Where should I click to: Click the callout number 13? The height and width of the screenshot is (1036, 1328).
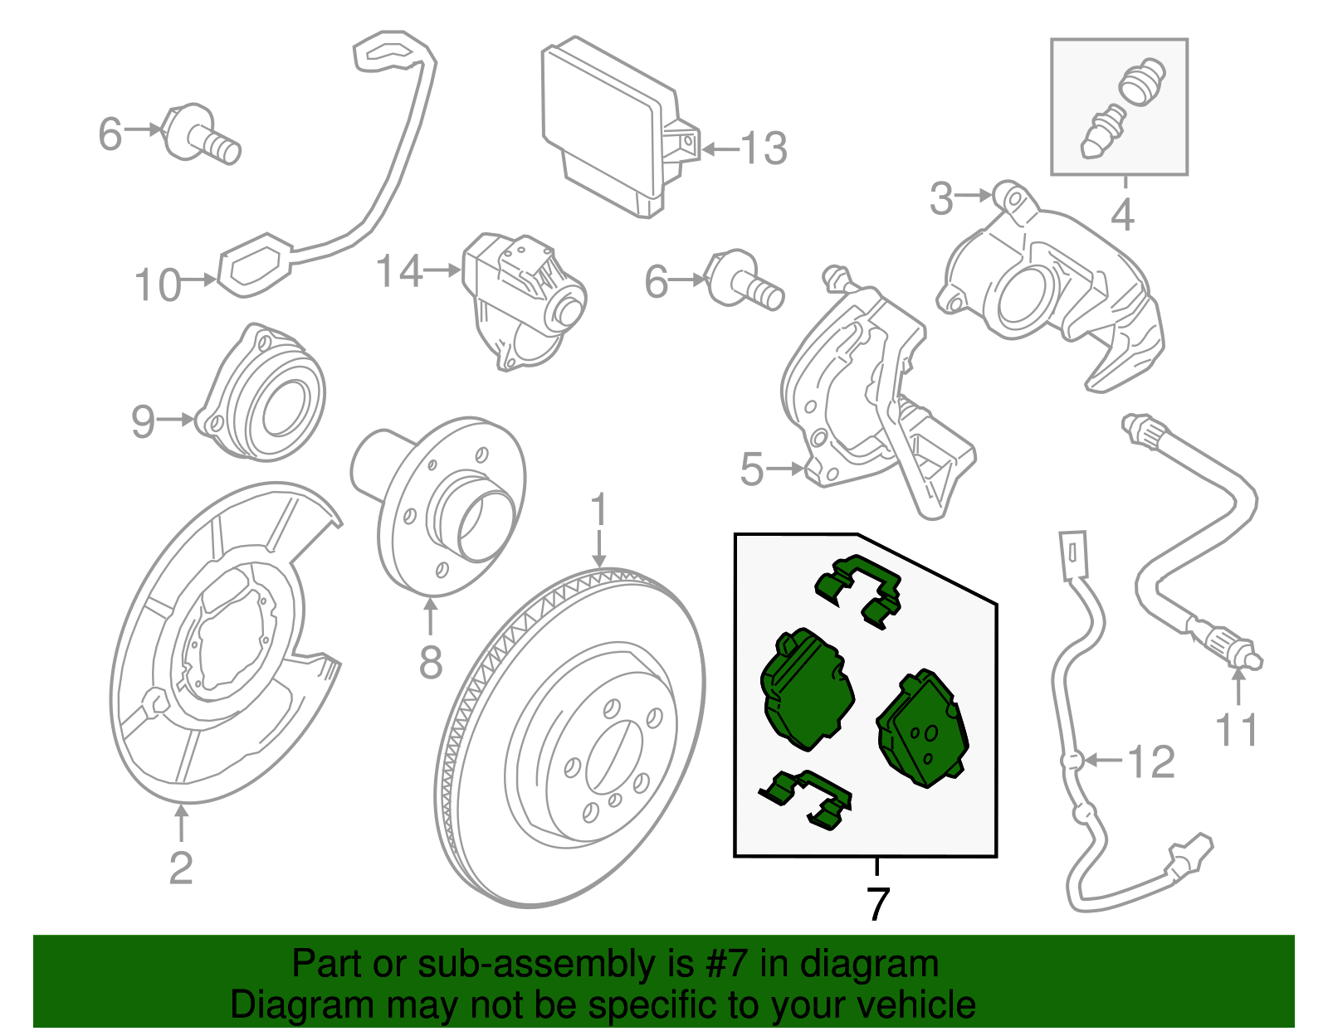763,149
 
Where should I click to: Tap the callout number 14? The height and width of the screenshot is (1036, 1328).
399,271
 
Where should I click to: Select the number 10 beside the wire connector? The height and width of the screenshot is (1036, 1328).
158,285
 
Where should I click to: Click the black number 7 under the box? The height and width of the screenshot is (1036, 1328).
877,903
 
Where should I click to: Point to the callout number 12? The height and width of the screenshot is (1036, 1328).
1151,761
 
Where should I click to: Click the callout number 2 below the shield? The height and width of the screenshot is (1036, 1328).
181,868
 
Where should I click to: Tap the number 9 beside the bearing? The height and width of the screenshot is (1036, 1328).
143,421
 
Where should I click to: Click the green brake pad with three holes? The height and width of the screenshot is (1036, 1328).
923,730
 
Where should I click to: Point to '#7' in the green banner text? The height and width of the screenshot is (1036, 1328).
727,964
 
